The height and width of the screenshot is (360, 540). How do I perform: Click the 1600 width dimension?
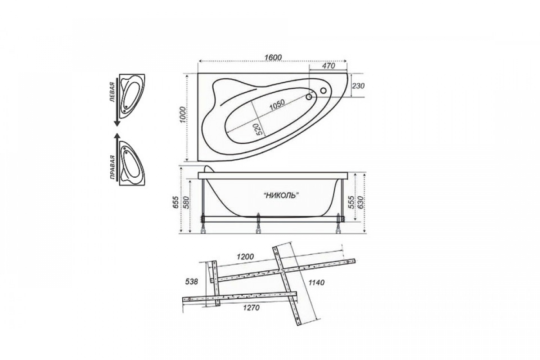tap(273, 58)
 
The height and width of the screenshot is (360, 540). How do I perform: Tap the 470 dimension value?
tap(329, 66)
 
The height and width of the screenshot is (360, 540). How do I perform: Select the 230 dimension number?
tap(358, 86)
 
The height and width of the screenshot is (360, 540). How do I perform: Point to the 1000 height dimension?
tap(183, 115)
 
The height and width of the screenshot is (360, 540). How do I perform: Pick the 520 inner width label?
tap(258, 130)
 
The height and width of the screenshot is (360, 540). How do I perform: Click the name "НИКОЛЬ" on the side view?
tap(281, 195)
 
